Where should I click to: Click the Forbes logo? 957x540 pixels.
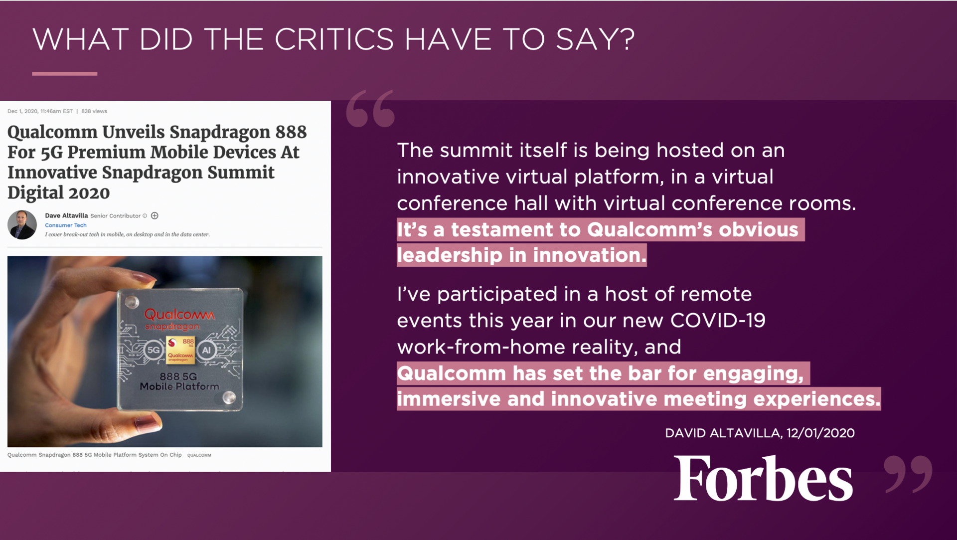(763, 478)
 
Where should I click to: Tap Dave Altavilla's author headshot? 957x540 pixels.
(22, 225)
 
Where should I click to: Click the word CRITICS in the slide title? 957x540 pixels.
(333, 39)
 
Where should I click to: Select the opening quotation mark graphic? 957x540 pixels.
(370, 108)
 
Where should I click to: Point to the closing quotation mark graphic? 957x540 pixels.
(908, 474)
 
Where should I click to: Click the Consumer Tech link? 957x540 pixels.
(66, 225)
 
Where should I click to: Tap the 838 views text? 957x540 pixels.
(94, 111)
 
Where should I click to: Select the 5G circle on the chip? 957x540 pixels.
(154, 350)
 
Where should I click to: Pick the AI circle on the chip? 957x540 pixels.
(206, 350)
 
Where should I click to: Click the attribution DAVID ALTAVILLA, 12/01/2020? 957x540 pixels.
(760, 433)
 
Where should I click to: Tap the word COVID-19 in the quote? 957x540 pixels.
(718, 320)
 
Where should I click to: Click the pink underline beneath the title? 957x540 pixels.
(65, 74)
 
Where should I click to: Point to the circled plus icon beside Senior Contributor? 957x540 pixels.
(155, 216)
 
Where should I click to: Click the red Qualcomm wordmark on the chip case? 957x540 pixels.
(179, 315)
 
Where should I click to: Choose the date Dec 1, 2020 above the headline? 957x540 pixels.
(22, 111)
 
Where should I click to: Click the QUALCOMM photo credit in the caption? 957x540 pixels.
(199, 455)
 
